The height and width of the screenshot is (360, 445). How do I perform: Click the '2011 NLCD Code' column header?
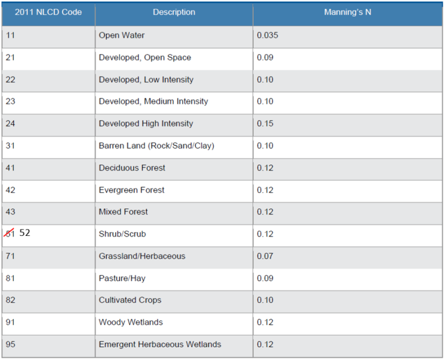tap(49, 12)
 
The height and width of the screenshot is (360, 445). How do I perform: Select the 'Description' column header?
tap(174, 12)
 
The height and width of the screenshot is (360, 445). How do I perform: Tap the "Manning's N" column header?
tap(348, 12)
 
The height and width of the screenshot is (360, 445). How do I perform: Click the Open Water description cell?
tap(122, 35)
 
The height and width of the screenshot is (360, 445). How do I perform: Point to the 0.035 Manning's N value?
tap(267, 35)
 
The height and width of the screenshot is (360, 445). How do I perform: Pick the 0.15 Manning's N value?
tap(265, 123)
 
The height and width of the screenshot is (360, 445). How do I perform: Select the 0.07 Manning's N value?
tap(265, 256)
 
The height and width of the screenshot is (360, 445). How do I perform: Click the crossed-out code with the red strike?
tap(10, 234)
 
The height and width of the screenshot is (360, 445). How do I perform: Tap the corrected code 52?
tap(25, 233)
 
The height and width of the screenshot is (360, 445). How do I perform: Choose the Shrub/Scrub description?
tap(122, 234)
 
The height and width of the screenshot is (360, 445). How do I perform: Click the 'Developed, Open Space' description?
tap(145, 57)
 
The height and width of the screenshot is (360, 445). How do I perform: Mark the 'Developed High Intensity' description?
tap(146, 123)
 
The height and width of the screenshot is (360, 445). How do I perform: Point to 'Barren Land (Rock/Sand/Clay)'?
tap(156, 146)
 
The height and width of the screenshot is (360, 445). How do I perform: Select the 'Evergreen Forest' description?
tap(132, 190)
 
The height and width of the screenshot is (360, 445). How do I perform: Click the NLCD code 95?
tap(10, 344)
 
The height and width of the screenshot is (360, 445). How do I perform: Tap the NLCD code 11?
tap(10, 35)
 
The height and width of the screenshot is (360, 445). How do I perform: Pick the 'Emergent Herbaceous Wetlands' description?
tap(160, 344)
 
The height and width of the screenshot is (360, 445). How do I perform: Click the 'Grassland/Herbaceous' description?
tap(142, 256)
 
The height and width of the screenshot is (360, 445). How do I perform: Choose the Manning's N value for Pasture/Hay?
tap(265, 278)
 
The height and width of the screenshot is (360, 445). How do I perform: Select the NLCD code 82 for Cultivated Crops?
tap(10, 300)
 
